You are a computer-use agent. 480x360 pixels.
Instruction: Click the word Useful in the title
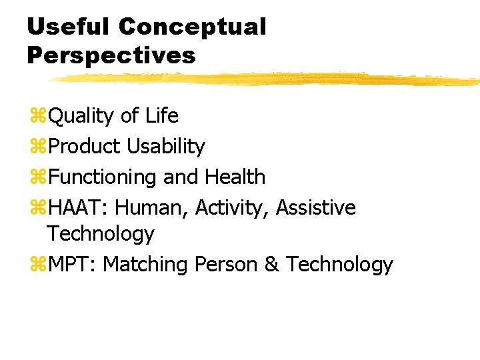click(69, 27)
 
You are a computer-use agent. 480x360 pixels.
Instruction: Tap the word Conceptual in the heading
click(193, 27)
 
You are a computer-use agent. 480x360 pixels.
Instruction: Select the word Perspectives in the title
click(111, 55)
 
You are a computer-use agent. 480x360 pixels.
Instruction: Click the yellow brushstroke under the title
click(267, 79)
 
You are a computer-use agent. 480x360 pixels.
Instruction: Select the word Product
click(83, 146)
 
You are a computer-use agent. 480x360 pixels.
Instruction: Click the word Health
click(235, 177)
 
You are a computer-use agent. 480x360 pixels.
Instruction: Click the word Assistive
click(316, 207)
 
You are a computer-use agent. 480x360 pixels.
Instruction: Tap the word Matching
click(145, 265)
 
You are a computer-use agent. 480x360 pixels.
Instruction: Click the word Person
click(227, 265)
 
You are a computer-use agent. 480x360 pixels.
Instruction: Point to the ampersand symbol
click(272, 265)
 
